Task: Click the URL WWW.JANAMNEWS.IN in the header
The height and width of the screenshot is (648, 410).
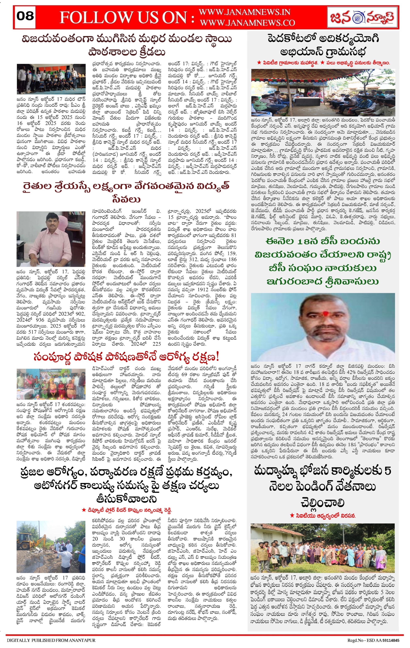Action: [244, 12]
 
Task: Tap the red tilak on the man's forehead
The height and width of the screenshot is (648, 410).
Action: [325, 313]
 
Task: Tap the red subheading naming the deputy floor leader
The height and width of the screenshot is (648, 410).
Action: [127, 510]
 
